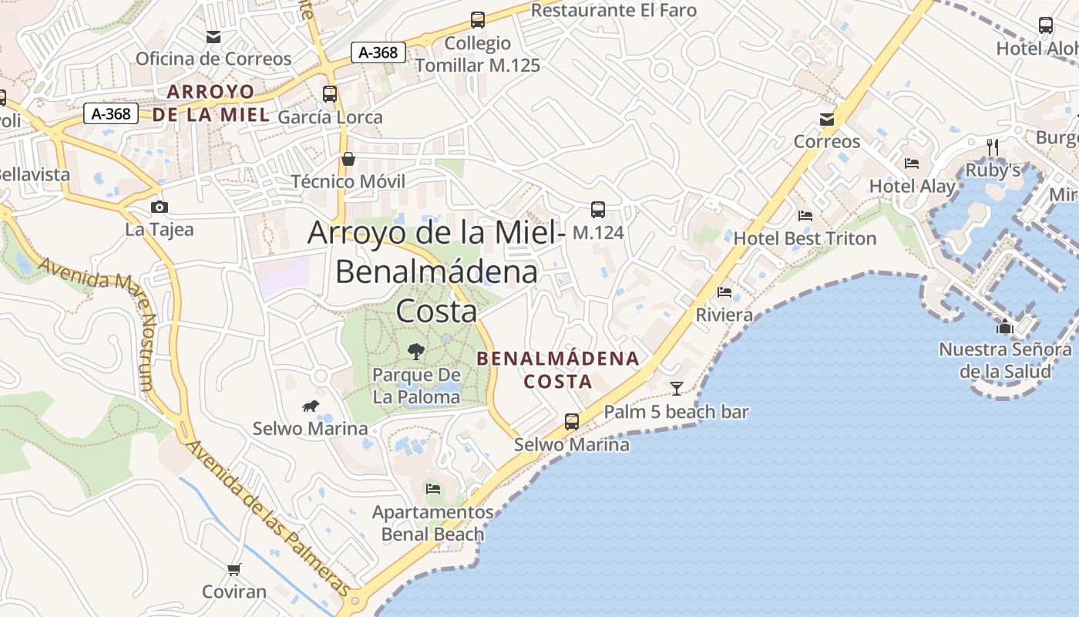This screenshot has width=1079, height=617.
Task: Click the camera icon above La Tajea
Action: (160, 207)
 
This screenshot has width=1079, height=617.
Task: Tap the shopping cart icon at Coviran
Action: (234, 569)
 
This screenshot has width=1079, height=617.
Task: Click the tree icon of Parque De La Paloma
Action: (416, 352)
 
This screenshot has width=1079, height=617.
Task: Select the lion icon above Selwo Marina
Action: (311, 406)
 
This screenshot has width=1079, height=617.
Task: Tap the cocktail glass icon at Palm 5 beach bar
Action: (677, 388)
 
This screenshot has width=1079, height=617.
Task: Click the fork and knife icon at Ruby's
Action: (993, 147)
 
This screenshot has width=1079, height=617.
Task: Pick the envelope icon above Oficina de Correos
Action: (213, 36)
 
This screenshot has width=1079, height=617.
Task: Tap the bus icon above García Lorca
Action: (330, 94)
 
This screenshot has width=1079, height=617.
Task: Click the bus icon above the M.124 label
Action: (597, 209)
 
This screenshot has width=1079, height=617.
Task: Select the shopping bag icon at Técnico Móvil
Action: (348, 159)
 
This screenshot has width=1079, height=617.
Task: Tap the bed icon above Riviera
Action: (724, 292)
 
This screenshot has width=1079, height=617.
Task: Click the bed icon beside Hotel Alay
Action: (912, 164)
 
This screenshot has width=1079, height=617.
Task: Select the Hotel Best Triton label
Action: (805, 238)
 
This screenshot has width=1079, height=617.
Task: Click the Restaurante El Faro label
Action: (613, 10)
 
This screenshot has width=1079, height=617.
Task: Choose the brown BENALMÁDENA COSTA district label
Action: (558, 369)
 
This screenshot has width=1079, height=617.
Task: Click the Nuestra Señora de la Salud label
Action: (1005, 360)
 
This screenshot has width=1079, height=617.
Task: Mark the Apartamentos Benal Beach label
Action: (432, 523)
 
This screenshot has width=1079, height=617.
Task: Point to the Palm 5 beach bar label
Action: (676, 412)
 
